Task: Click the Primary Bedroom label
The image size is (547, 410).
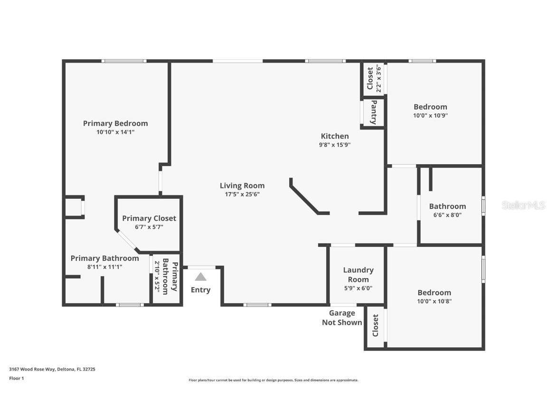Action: pyautogui.click(x=115, y=123)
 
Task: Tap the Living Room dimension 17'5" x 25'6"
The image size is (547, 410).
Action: pyautogui.click(x=242, y=194)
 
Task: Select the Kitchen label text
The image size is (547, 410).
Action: pyautogui.click(x=335, y=136)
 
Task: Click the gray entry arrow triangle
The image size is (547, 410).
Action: pyautogui.click(x=200, y=277)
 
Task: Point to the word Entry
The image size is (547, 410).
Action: pyautogui.click(x=200, y=290)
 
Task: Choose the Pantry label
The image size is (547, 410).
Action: pyautogui.click(x=374, y=112)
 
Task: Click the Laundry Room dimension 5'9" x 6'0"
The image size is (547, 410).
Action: pyautogui.click(x=358, y=288)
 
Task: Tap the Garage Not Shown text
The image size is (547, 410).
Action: pyautogui.click(x=342, y=318)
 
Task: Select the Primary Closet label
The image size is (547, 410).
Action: pyautogui.click(x=149, y=218)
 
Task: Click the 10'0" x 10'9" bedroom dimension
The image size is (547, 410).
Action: pyautogui.click(x=430, y=115)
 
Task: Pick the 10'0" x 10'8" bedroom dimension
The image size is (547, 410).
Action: pyautogui.click(x=434, y=301)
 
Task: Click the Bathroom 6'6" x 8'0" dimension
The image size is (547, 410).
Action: pyautogui.click(x=447, y=214)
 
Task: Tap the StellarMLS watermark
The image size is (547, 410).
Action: pyautogui.click(x=523, y=205)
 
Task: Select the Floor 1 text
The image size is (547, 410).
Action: pyautogui.click(x=16, y=378)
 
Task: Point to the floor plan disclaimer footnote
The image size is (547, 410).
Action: pyautogui.click(x=273, y=380)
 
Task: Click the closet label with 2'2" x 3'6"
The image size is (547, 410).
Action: pyautogui.click(x=374, y=78)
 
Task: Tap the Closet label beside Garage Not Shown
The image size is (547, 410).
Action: pyautogui.click(x=376, y=326)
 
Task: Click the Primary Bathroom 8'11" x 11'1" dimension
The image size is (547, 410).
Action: pyautogui.click(x=104, y=267)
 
